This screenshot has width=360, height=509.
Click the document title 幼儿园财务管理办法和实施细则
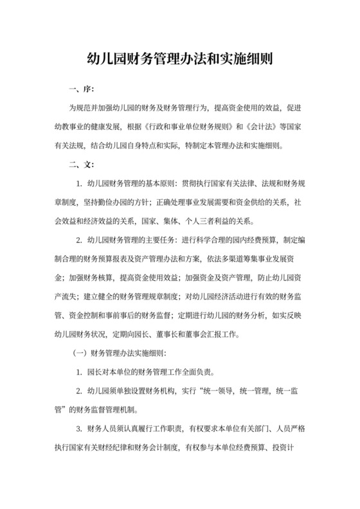pos(180,60)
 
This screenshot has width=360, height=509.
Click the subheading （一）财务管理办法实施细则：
pos(121,353)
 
